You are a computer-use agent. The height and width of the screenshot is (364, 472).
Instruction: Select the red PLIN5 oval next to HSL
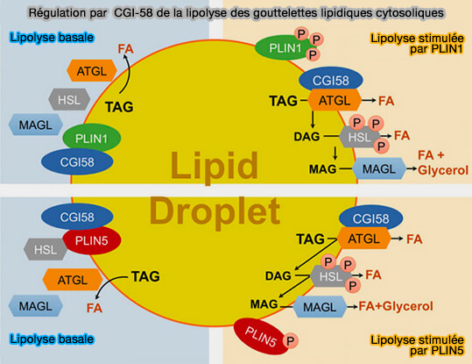coord(91,240)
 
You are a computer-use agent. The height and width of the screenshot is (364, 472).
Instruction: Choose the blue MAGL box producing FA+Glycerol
coord(324,306)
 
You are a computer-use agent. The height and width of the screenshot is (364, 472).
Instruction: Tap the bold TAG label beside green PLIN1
coord(119,107)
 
